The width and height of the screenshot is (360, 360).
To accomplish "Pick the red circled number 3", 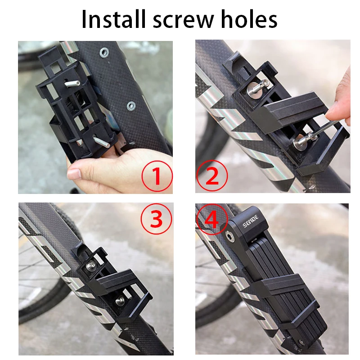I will (x=157, y=219).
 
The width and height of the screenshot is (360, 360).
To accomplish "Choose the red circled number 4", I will (x=211, y=219).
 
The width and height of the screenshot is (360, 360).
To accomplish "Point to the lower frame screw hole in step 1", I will (x=131, y=106).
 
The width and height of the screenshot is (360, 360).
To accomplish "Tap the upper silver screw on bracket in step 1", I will (x=73, y=83).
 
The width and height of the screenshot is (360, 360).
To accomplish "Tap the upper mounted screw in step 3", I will (x=92, y=266).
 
